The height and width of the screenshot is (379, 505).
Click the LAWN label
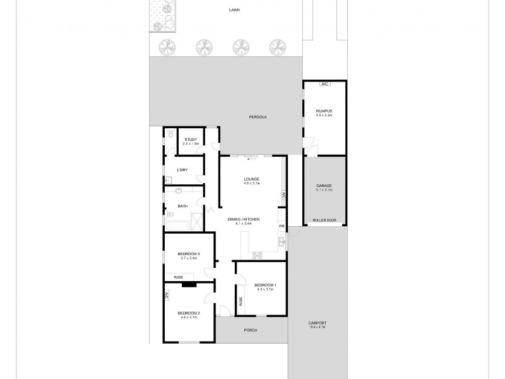point(235,11)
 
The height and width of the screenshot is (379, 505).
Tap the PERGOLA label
point(258,117)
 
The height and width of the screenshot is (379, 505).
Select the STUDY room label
point(191,140)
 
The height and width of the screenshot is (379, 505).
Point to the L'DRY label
point(182,170)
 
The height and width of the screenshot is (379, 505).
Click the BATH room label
point(182,206)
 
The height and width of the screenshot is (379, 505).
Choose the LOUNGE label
point(252,180)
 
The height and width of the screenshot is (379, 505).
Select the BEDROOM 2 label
point(188,314)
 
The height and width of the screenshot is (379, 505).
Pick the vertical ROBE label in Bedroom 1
point(241,301)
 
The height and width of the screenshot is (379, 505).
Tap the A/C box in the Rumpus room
point(324,84)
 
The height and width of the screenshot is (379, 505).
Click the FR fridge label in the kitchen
point(282,226)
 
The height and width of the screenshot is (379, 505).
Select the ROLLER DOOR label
point(324,220)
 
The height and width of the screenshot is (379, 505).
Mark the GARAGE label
point(324,186)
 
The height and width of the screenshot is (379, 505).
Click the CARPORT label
point(318,323)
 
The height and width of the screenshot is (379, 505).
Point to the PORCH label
point(250,330)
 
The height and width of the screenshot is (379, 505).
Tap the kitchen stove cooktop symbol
point(257,255)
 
